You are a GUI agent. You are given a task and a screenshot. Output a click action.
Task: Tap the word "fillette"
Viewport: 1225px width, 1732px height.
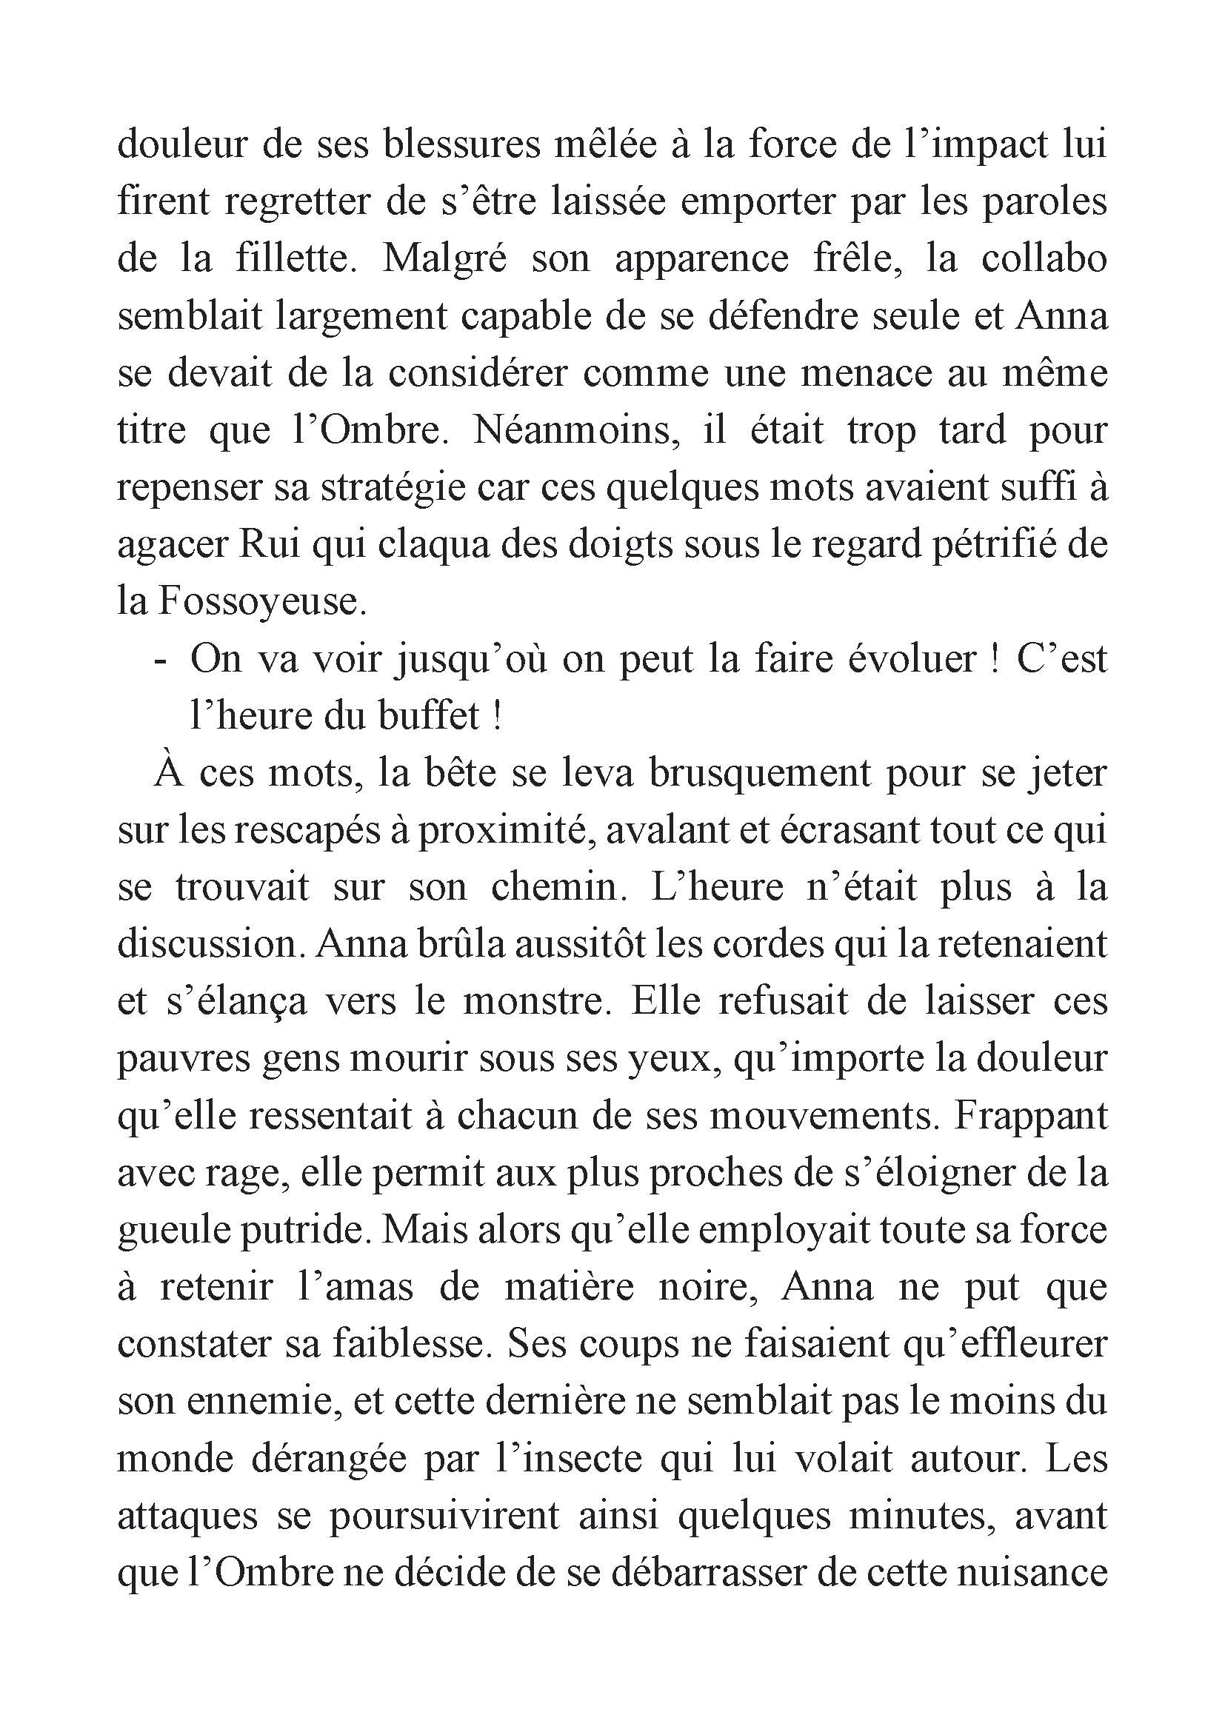[x=292, y=258]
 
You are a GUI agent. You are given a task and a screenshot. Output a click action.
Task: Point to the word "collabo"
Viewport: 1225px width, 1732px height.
[x=1044, y=258]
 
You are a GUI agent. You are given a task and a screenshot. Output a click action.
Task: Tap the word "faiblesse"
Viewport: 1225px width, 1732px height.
[x=401, y=1344]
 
